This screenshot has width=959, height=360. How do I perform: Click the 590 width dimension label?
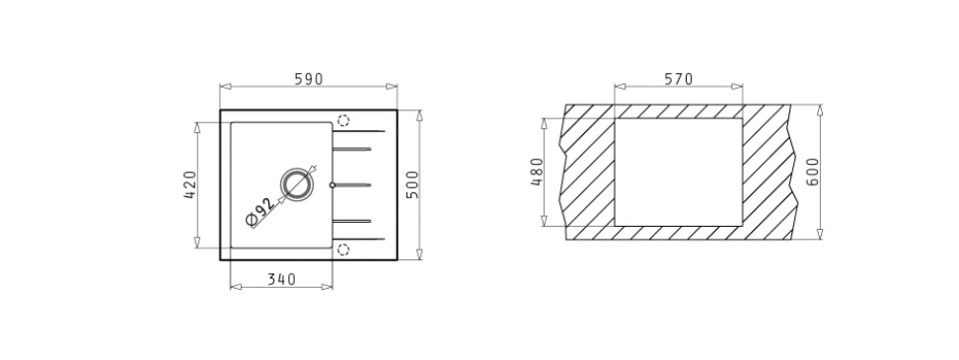pyautogui.click(x=308, y=80)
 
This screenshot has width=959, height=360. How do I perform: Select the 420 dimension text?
pyautogui.click(x=190, y=184)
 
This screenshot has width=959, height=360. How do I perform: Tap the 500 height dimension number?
pyautogui.click(x=412, y=184)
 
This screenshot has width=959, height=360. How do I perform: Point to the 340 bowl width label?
pyautogui.click(x=281, y=279)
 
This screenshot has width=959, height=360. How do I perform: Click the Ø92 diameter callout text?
pyautogui.click(x=260, y=212)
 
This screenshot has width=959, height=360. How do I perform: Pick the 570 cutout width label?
pyautogui.click(x=678, y=80)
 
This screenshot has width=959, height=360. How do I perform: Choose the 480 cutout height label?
pyautogui.click(x=537, y=172)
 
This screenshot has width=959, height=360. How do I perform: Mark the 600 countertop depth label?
pyautogui.click(x=812, y=172)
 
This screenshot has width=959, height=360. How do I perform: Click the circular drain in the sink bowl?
pyautogui.click(x=297, y=184)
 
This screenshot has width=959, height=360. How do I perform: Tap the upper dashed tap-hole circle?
pyautogui.click(x=343, y=120)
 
